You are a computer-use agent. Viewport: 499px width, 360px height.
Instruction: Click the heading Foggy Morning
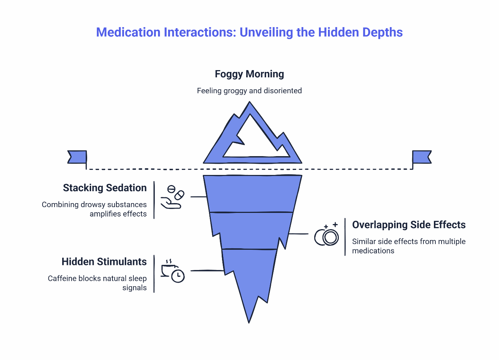(x=249, y=74)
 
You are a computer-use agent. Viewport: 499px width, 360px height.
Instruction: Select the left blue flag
(x=77, y=157)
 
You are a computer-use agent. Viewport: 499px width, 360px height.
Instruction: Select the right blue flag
(x=422, y=157)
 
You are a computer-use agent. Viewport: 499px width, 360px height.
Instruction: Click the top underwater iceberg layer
(x=252, y=193)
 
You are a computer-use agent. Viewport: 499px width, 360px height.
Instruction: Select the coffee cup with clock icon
(x=172, y=271)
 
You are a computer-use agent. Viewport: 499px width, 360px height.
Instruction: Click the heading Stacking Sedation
(x=105, y=188)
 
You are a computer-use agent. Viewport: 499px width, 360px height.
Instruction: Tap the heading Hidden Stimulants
(x=104, y=262)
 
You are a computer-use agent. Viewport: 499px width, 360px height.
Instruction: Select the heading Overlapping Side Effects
(x=409, y=225)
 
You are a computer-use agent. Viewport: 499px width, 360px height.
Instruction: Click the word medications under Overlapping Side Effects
(x=373, y=251)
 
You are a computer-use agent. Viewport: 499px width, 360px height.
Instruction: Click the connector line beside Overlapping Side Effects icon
(x=299, y=234)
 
